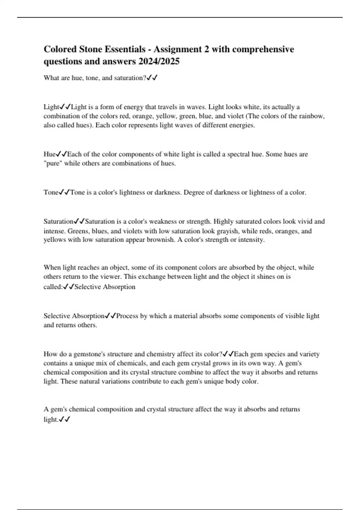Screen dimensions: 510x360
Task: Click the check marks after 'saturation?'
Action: click(152, 78)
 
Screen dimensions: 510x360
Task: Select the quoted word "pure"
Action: click(53, 163)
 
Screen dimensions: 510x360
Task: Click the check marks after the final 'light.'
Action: click(64, 419)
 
